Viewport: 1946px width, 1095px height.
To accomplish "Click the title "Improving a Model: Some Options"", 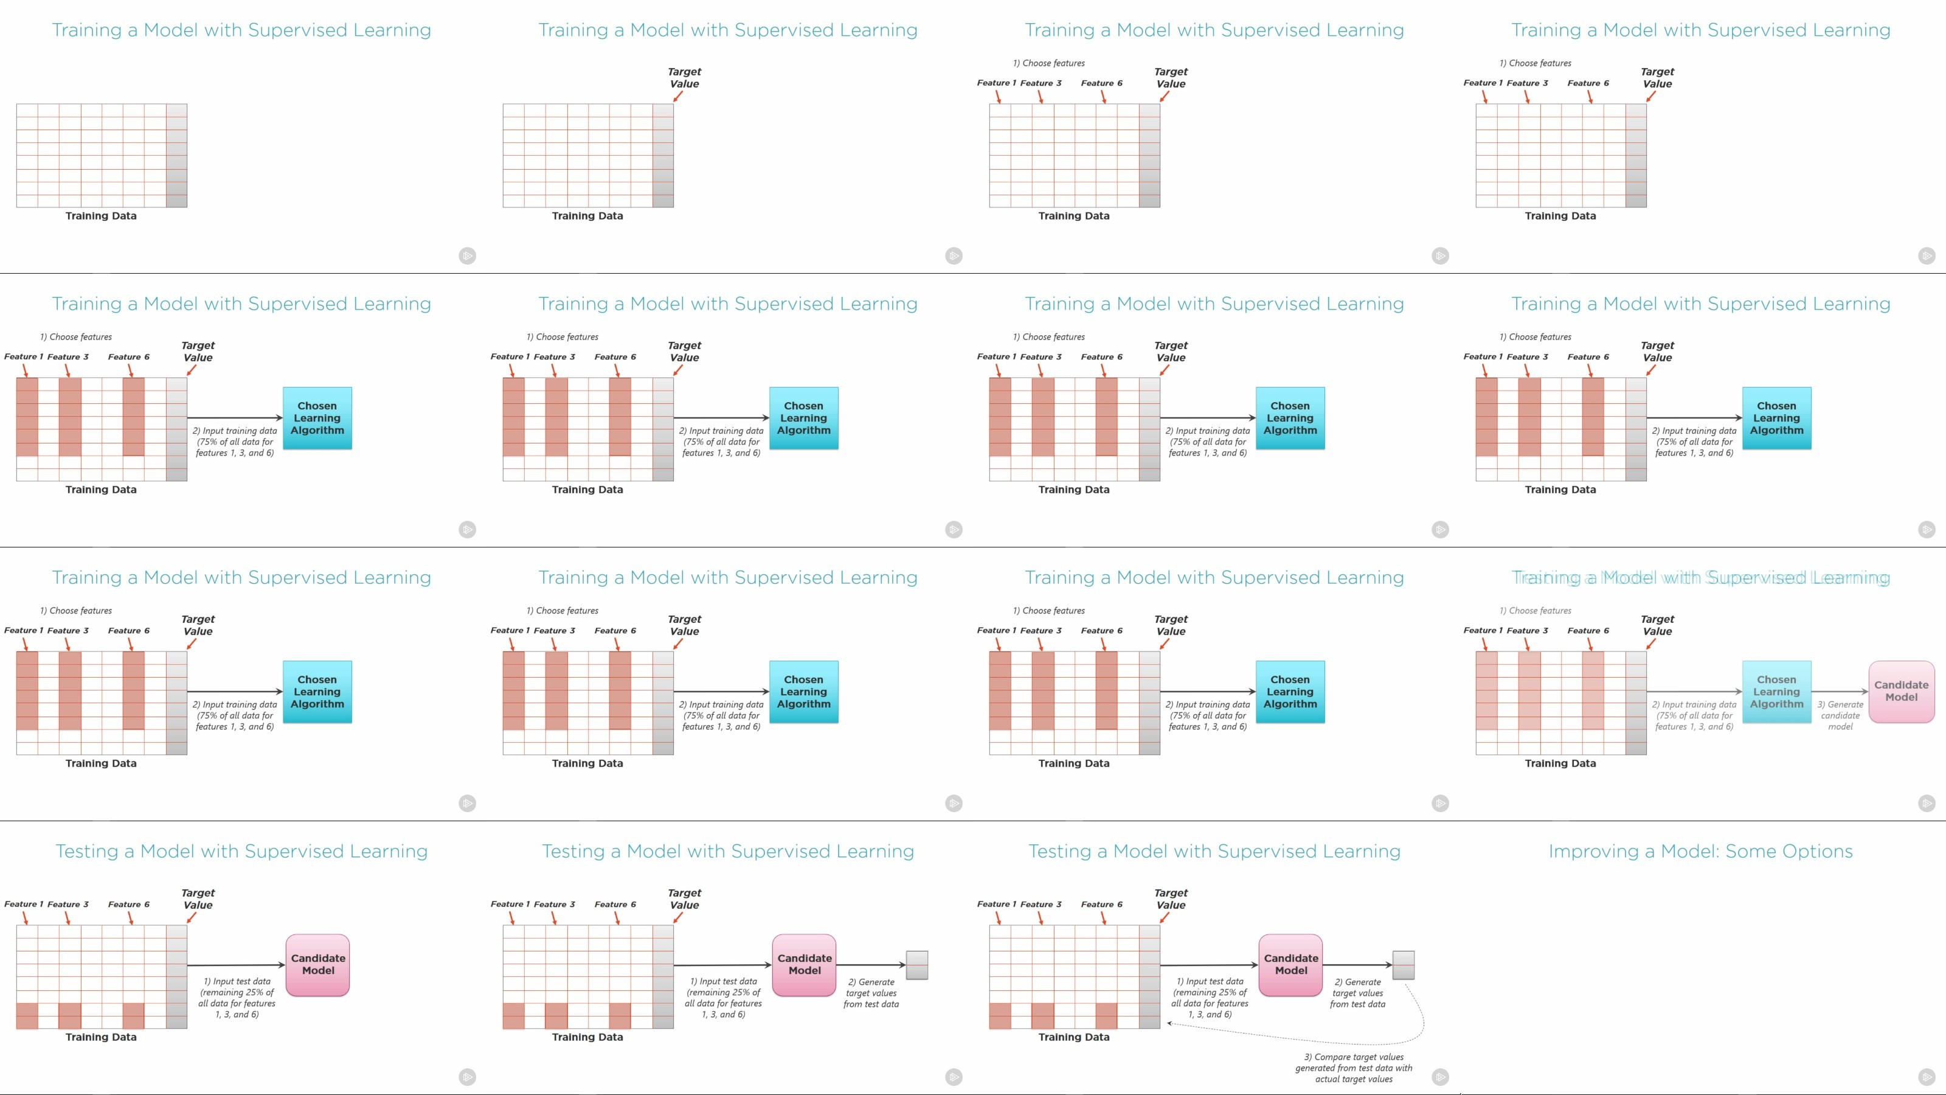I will point(1700,852).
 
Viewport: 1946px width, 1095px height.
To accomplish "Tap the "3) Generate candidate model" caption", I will point(1840,715).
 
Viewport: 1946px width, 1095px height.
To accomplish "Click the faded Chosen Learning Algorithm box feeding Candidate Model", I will point(1776,692).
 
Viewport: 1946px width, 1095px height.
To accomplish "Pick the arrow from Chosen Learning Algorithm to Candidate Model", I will point(1840,692).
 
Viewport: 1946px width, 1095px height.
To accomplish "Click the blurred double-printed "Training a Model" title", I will point(1700,578).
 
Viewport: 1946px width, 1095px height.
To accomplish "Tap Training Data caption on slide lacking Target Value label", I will point(100,216).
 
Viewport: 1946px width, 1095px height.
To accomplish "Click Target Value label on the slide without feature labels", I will point(684,78).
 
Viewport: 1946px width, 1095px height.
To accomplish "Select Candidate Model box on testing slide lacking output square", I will point(318,965).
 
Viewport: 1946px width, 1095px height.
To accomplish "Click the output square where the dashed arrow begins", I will point(1403,965).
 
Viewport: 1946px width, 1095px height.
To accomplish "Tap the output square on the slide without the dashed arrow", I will point(916,965).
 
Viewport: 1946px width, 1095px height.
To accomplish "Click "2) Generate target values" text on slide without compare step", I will point(871,993).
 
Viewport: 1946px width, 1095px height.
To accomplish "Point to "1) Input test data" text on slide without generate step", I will point(237,998).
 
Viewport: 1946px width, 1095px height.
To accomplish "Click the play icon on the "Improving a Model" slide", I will point(1927,1077).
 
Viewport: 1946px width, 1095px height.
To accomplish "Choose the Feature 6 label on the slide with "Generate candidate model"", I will point(1588,630).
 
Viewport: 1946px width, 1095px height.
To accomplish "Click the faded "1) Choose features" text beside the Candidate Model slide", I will point(1540,611).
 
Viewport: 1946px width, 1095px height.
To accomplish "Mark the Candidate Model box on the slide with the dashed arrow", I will point(1291,965).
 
